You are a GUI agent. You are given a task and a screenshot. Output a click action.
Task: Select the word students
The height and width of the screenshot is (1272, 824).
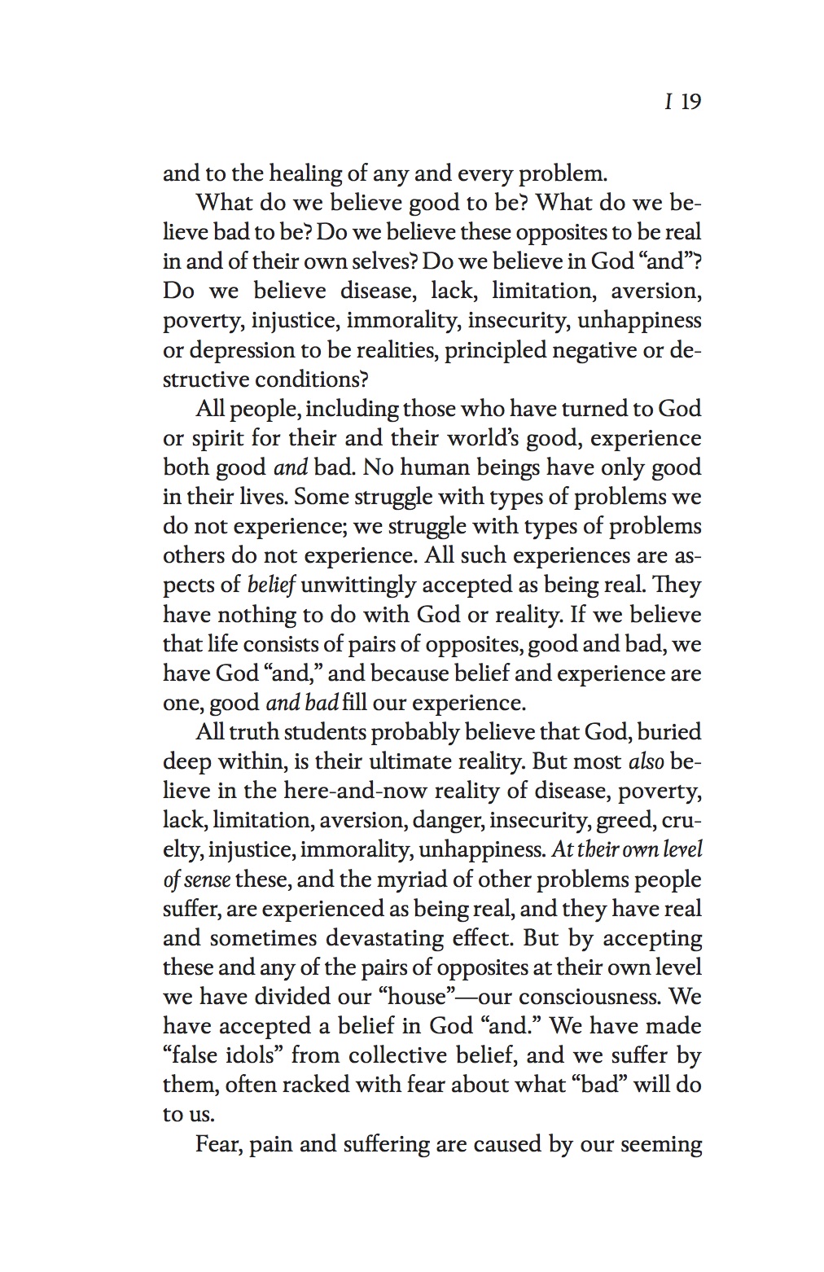coord(312,732)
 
